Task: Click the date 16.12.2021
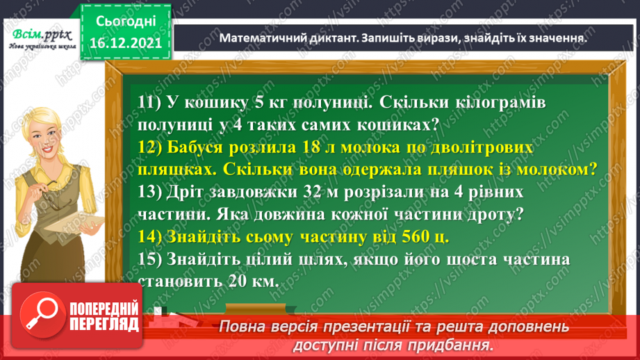(126, 42)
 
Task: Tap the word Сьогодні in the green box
(126, 22)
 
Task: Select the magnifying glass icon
(42, 314)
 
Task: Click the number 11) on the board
(149, 102)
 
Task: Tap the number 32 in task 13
(312, 192)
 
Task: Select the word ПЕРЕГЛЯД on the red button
(104, 325)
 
